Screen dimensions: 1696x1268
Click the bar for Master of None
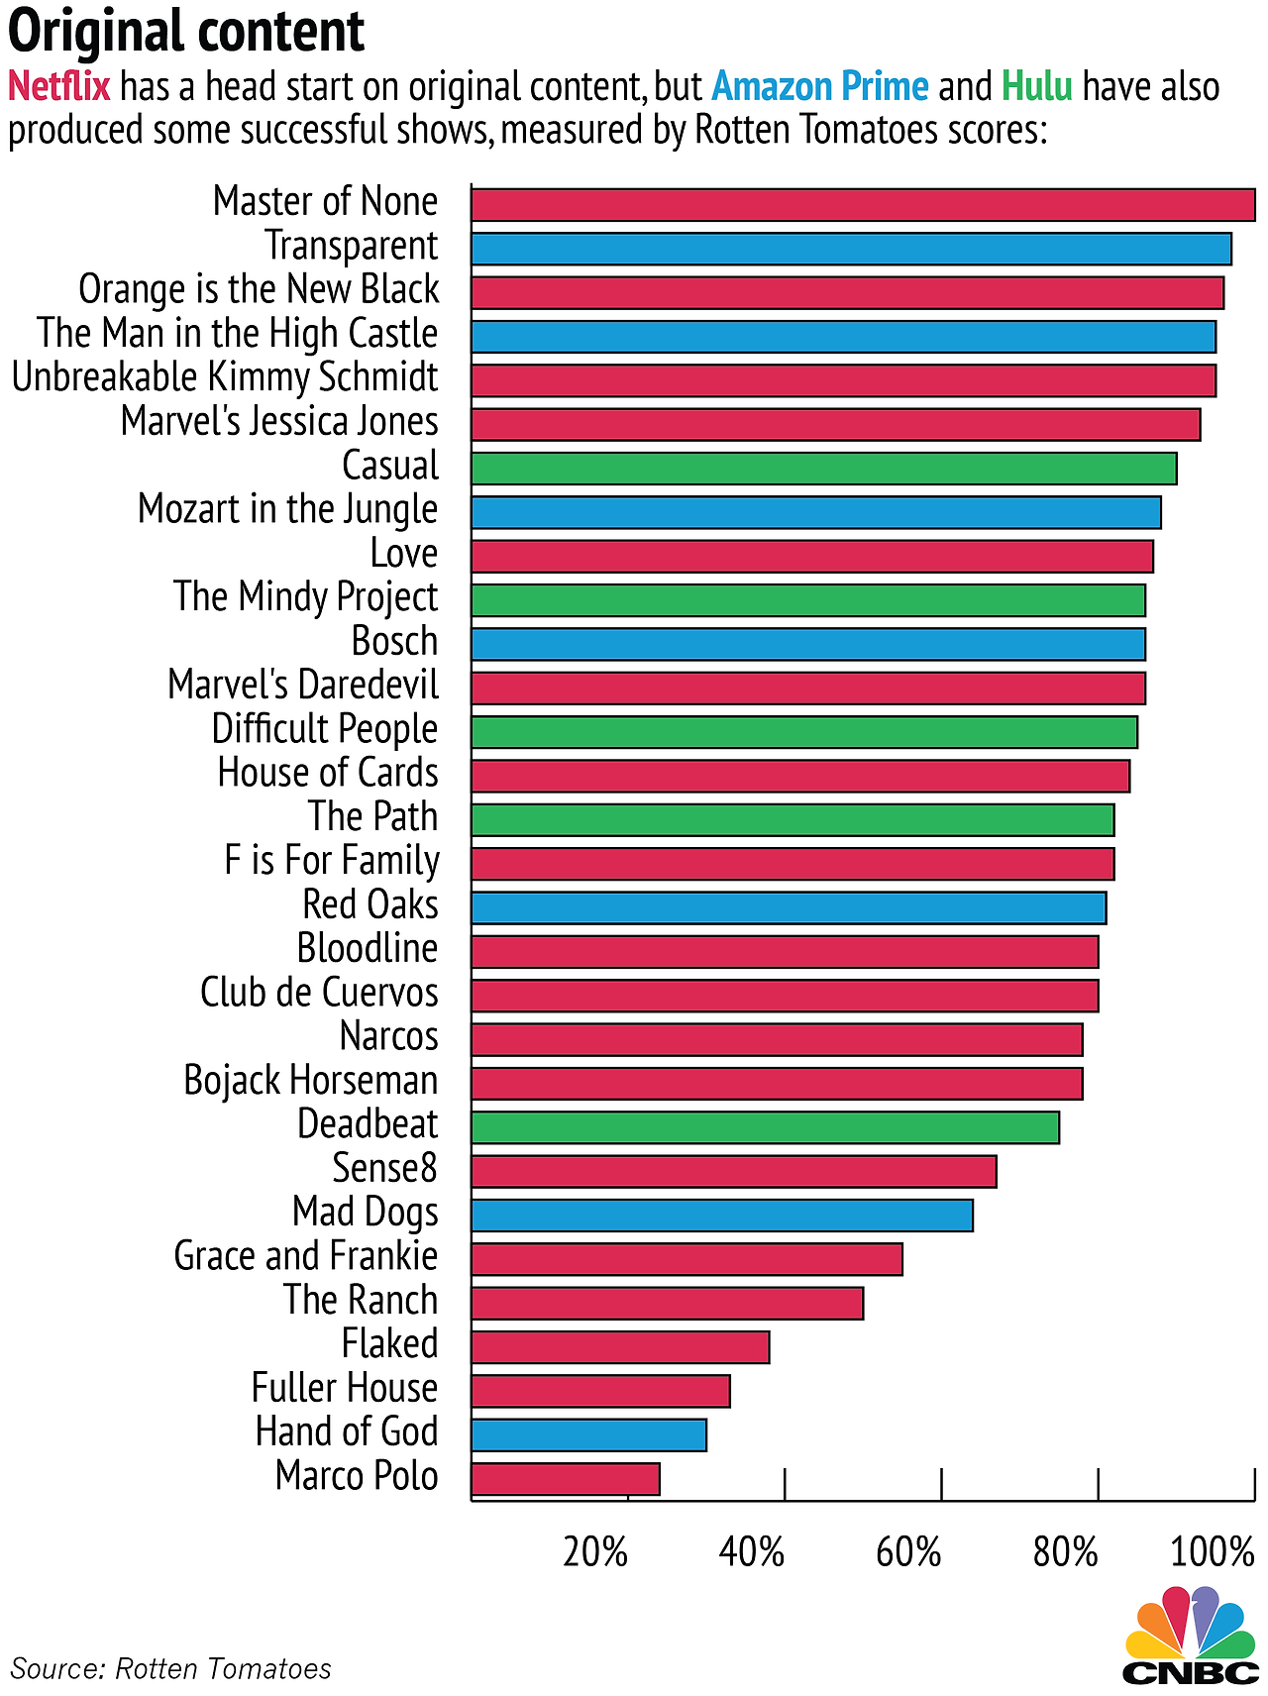(x=862, y=205)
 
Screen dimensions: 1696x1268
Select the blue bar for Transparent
(x=850, y=249)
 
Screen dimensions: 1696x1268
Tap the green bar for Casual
(x=823, y=469)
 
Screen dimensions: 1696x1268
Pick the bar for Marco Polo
(x=565, y=1479)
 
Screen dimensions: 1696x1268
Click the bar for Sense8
(x=733, y=1172)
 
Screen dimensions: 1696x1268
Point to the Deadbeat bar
(x=765, y=1127)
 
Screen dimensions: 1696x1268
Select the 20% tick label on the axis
(x=595, y=1552)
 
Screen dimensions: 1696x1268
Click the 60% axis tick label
(x=908, y=1552)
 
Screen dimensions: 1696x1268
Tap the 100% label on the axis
(x=1213, y=1552)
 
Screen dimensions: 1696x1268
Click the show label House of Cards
(x=328, y=773)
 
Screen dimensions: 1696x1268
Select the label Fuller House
(x=344, y=1388)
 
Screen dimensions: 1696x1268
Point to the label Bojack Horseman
(x=310, y=1081)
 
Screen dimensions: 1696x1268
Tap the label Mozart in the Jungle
(x=287, y=509)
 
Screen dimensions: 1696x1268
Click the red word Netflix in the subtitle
(x=59, y=87)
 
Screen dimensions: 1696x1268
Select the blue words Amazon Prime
(x=820, y=87)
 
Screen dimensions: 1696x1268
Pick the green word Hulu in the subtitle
(x=1037, y=87)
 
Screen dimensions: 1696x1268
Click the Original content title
(x=186, y=32)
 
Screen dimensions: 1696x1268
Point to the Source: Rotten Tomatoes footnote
(x=170, y=1669)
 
